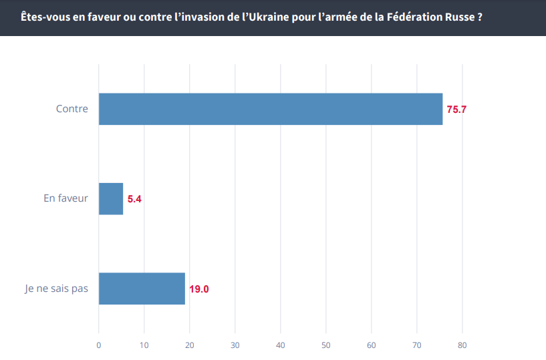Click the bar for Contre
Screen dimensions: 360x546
271,109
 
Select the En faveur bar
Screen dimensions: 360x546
111,198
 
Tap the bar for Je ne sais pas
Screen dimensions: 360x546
142,289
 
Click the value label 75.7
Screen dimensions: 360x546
456,109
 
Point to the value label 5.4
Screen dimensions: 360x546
135,199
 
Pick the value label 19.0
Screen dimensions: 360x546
199,289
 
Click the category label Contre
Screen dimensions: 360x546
72,108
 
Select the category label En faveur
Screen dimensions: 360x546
65,198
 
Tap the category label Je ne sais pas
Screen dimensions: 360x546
55,289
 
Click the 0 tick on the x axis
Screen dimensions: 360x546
99,345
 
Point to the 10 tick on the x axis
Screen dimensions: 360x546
144,345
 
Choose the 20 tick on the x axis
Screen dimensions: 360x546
190,345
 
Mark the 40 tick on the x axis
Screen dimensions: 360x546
281,345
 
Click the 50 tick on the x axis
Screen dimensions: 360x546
326,345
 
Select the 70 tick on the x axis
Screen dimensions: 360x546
417,345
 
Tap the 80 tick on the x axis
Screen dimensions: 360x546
462,345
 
